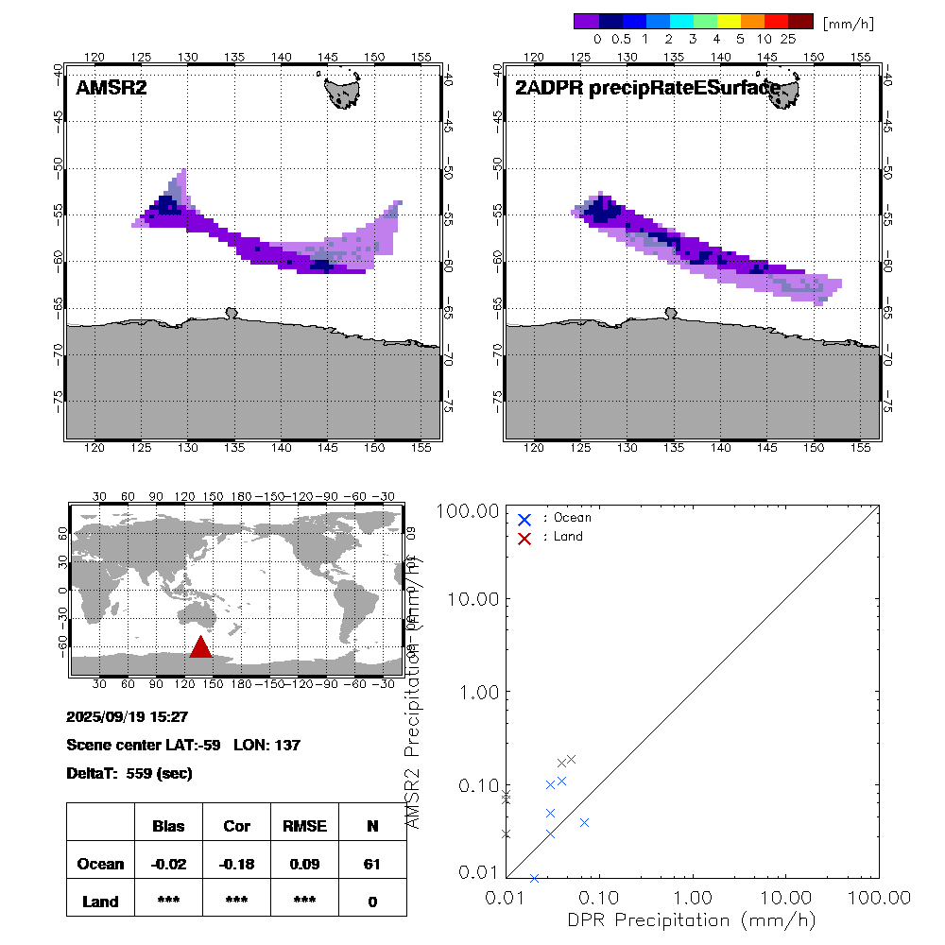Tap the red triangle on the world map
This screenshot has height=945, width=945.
coord(200,647)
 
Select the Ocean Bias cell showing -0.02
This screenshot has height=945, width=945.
coord(168,863)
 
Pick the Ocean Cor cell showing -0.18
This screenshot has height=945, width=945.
coord(236,863)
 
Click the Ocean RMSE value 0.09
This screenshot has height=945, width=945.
coord(304,863)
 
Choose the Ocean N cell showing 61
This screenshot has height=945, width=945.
coord(372,863)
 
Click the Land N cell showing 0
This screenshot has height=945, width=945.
coord(372,902)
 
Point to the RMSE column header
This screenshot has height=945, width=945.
coord(304,826)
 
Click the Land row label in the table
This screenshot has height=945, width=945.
coord(101,902)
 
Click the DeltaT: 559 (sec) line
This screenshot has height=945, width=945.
coord(129,773)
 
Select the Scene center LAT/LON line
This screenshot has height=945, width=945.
coord(183,745)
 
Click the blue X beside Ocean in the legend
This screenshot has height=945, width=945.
coord(524,519)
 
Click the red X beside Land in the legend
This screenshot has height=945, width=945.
coord(524,537)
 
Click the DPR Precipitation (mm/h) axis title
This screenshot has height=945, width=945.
coord(693,919)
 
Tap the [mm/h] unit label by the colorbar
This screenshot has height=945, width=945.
coord(847,21)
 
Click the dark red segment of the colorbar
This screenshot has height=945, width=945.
coord(800,21)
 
